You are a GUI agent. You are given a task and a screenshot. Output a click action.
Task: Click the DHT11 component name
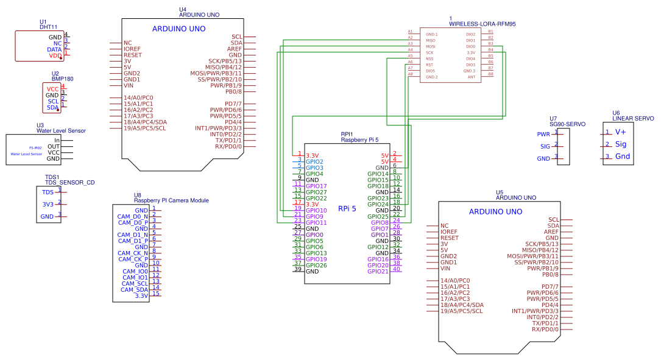click(x=49, y=27)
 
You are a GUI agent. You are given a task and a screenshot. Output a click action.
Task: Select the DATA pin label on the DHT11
click(x=55, y=49)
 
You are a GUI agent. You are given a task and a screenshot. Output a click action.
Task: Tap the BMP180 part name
click(x=62, y=79)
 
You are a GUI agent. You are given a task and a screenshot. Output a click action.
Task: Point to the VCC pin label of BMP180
click(x=53, y=89)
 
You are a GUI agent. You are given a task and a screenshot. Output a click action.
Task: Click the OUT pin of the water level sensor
click(x=54, y=146)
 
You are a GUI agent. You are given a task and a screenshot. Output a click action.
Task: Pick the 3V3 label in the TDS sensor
click(x=48, y=205)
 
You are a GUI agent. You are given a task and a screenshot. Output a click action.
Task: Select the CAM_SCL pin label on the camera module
click(x=135, y=283)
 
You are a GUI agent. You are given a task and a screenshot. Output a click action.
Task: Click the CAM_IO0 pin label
click(x=135, y=271)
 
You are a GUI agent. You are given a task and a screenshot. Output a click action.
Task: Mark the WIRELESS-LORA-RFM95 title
click(x=482, y=24)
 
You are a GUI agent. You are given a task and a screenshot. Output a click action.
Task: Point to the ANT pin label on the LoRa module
click(x=472, y=77)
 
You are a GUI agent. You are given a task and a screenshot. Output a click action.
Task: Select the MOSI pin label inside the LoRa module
click(x=430, y=46)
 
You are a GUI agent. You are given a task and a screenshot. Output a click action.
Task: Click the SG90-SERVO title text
click(x=567, y=124)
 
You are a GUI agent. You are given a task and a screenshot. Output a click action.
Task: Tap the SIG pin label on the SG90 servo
click(x=545, y=146)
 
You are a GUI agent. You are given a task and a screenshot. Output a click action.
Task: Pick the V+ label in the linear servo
click(x=621, y=132)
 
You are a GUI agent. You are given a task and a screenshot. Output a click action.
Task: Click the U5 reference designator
click(x=500, y=192)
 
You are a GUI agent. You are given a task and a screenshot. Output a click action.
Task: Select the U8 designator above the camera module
click(x=138, y=195)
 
